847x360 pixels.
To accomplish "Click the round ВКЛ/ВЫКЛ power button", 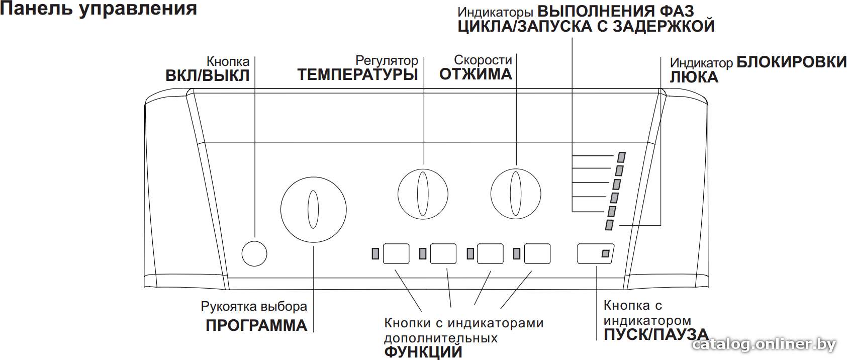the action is (254, 253).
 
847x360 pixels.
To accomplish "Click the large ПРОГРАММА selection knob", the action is (314, 210).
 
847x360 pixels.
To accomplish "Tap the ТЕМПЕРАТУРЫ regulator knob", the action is (423, 194).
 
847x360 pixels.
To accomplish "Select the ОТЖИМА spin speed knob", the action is (516, 194).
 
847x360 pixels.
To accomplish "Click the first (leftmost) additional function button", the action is (396, 253).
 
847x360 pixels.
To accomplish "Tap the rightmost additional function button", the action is (537, 253).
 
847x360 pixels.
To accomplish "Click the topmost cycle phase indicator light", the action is (621, 157).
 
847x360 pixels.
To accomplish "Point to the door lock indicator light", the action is (609, 225).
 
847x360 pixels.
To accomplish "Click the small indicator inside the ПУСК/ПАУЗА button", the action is (605, 253).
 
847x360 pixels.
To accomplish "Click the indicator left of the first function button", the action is (375, 253).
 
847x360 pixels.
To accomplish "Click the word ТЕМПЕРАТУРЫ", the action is (358, 74).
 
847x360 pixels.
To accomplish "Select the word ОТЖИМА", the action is (476, 74).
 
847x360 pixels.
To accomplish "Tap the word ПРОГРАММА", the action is (256, 326).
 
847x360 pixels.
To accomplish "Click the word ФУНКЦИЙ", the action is (423, 352).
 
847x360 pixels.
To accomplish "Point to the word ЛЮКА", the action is (694, 77).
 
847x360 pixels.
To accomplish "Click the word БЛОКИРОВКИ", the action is (791, 62).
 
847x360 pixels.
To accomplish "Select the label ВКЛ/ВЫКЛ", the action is (208, 75).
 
